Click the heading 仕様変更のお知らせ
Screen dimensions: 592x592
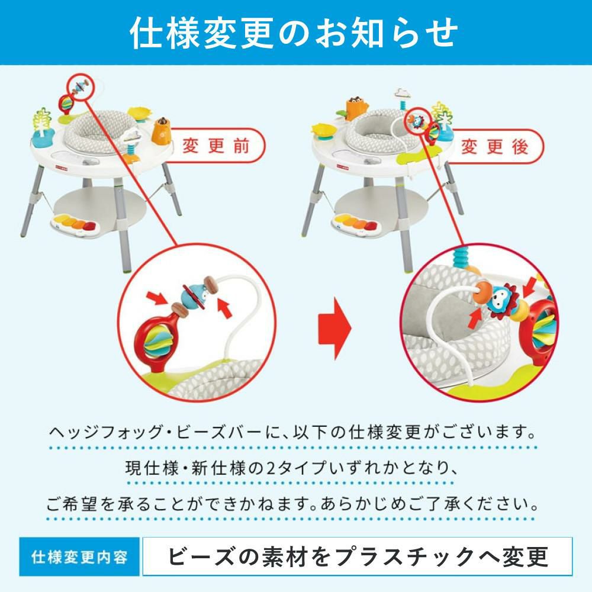pyautogui.click(x=294, y=33)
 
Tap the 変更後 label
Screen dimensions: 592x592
pyautogui.click(x=494, y=146)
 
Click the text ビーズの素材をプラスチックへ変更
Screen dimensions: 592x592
pyautogui.click(x=357, y=557)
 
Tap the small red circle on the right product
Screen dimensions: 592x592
pyautogui.click(x=416, y=120)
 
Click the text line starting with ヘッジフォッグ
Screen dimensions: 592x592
pyautogui.click(x=294, y=429)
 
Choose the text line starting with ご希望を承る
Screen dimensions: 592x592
pyautogui.click(x=294, y=505)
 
